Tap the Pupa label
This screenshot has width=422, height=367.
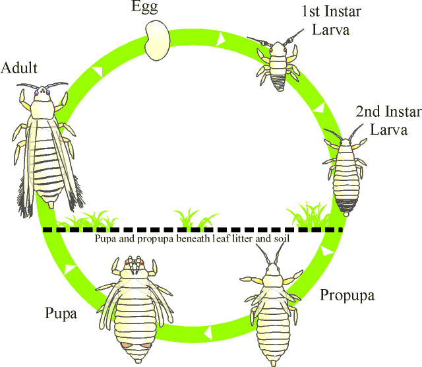coord(61,313)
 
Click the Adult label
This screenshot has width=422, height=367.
coord(19,68)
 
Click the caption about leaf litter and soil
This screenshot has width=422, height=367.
coord(193,238)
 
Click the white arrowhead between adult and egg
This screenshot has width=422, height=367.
coord(98,69)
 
